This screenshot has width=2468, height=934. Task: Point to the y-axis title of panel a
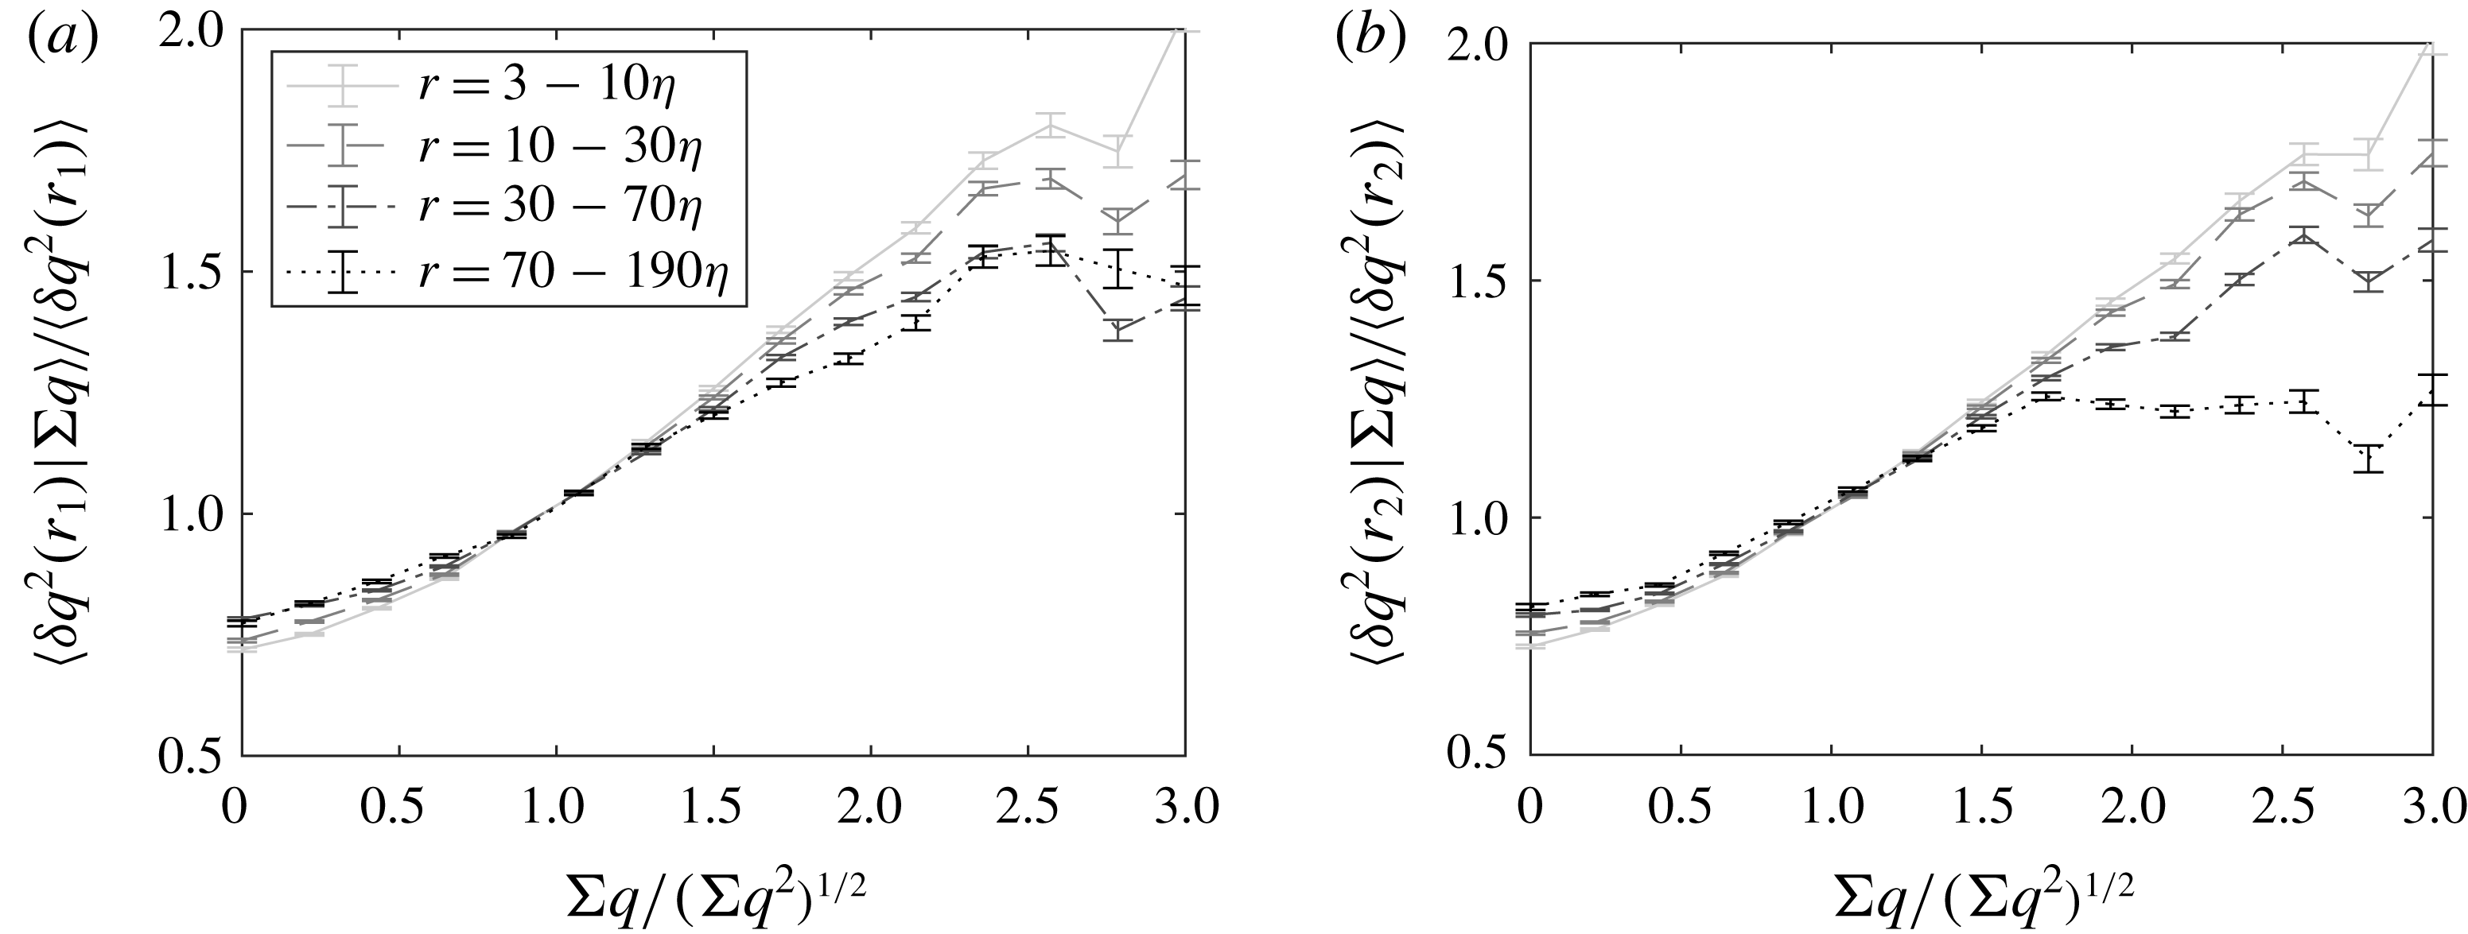[x=80, y=393]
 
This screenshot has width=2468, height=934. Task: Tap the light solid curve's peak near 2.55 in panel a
[x=1051, y=126]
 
